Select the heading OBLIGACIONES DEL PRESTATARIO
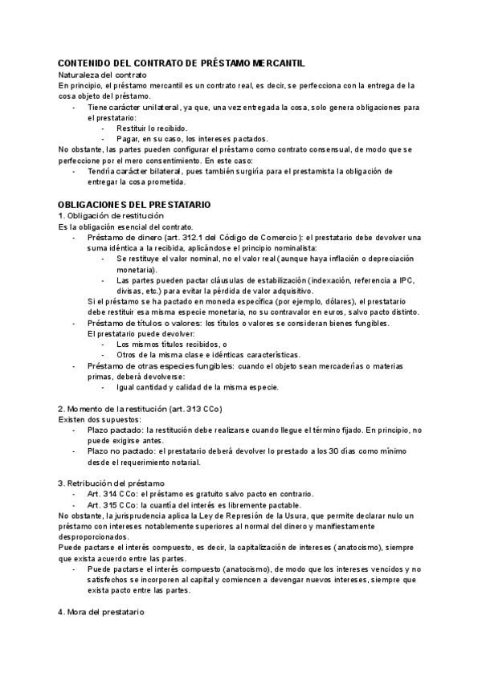click(x=135, y=205)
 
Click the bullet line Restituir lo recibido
click(x=152, y=128)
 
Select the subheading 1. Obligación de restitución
click(x=111, y=216)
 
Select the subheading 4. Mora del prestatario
click(x=101, y=613)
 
